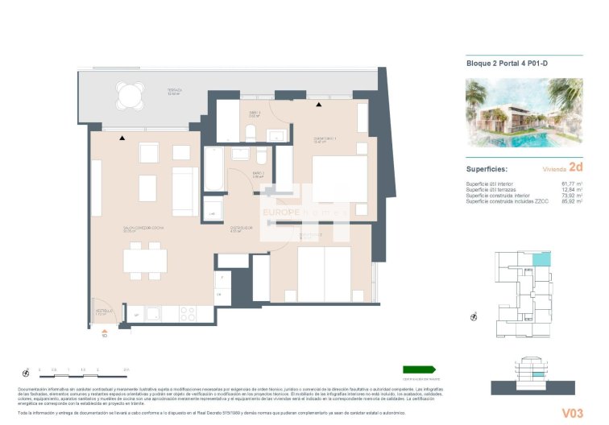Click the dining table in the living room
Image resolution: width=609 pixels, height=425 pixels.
point(145,260)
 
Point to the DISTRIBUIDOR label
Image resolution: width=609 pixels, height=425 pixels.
point(242,229)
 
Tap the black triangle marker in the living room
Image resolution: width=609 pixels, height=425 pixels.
point(122,138)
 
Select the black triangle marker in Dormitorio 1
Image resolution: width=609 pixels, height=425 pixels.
point(319,105)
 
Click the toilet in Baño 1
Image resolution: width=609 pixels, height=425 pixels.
point(251,133)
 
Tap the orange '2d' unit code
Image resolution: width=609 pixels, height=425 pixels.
point(575,168)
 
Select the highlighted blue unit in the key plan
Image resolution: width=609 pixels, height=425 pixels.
point(545,258)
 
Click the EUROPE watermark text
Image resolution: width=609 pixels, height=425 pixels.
point(281,212)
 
